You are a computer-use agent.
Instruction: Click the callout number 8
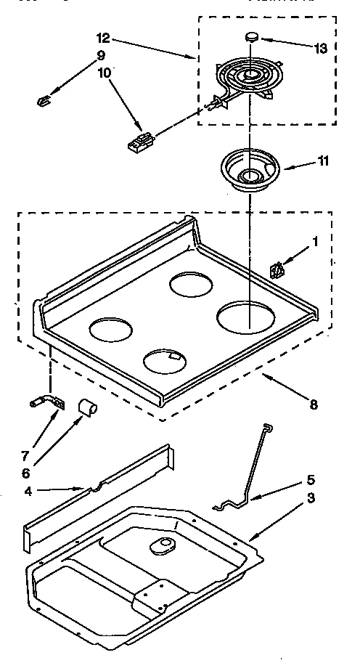[312, 404]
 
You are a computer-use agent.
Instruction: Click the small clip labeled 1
[276, 271]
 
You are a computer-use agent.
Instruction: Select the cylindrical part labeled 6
[86, 408]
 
